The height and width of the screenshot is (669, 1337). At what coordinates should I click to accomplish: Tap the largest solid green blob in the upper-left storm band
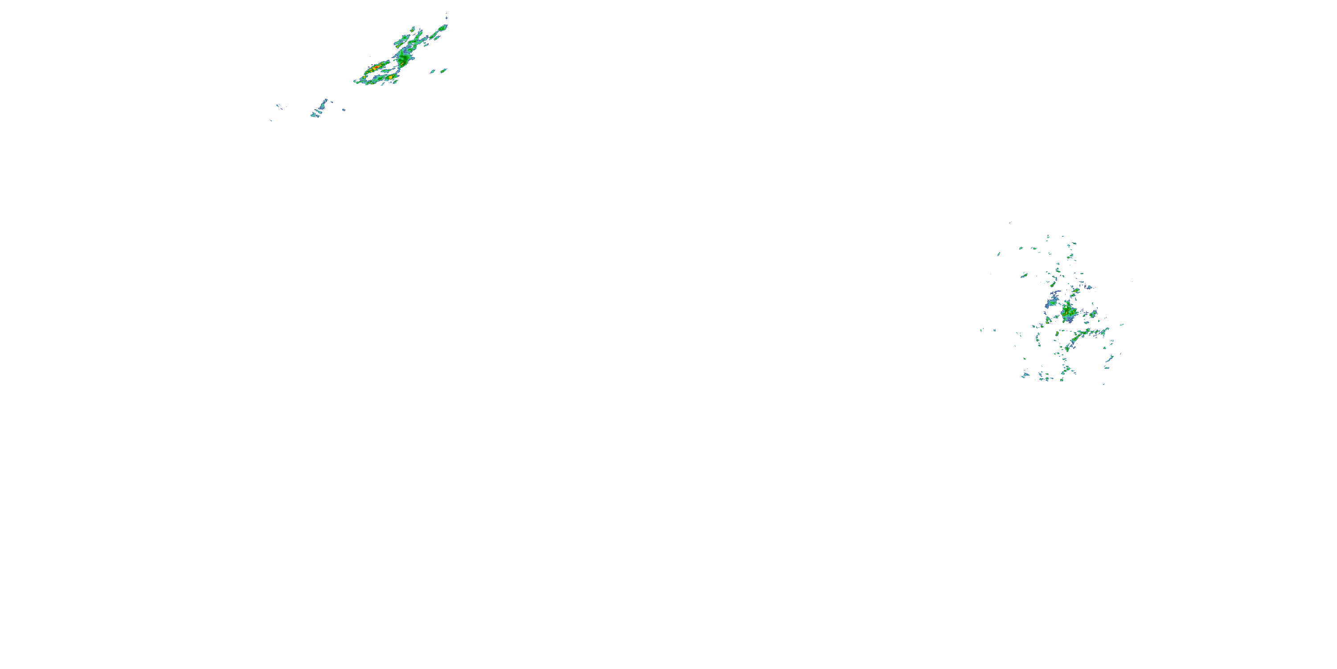[403, 60]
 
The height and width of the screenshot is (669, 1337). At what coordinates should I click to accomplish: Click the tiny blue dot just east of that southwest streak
[344, 110]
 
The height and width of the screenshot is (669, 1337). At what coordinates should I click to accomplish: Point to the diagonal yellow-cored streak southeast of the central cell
[1075, 339]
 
